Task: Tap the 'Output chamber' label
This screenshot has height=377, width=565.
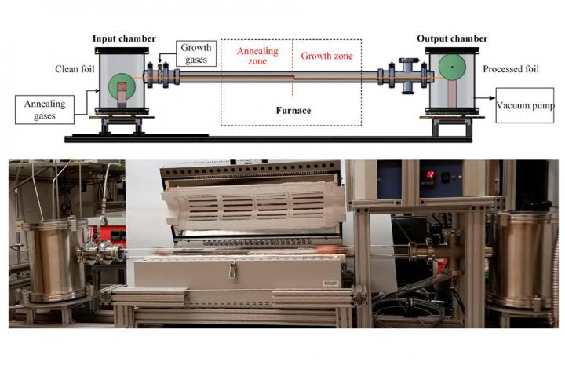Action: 457,39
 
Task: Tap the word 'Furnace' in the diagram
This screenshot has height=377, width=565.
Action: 293,111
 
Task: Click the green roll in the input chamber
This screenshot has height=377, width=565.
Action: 122,86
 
